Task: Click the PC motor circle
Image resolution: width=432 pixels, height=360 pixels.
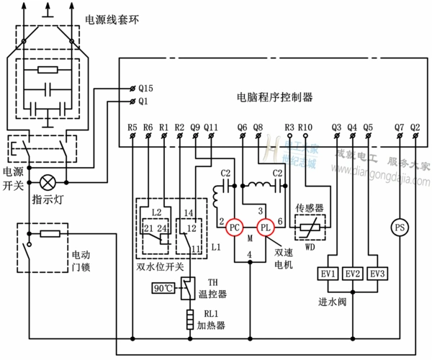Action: pos(234,227)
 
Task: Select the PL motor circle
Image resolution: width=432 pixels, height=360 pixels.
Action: pos(264,227)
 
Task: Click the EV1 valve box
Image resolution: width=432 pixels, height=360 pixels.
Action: pos(328,274)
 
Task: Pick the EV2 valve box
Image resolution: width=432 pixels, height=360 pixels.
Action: pos(353,274)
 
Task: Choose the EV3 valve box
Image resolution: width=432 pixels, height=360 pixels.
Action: pos(377,274)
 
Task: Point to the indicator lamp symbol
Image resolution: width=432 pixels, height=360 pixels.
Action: pos(49,181)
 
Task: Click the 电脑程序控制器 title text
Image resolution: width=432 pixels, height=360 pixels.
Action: pos(274,96)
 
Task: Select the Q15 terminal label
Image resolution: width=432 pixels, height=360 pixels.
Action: pos(147,87)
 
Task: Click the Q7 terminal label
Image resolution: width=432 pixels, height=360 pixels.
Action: pos(399,128)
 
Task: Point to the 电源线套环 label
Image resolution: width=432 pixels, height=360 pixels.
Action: pos(112,20)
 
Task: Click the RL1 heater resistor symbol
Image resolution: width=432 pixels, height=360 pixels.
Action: pos(189,318)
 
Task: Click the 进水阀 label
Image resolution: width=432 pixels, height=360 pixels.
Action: pos(333,301)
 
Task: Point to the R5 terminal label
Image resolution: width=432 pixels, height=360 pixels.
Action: pos(132,128)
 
